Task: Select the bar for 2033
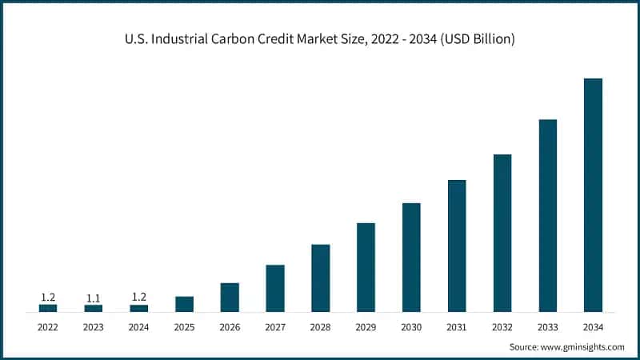[x=547, y=215]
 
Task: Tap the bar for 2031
[x=457, y=246]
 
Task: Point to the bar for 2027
[x=275, y=287]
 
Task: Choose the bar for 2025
[x=184, y=303]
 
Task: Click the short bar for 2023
[x=94, y=308]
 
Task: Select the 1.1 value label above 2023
[x=94, y=298]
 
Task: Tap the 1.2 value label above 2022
[x=48, y=297]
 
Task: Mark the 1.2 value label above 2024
[x=139, y=297]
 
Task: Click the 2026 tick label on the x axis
[x=230, y=326]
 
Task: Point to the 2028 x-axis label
[x=320, y=326]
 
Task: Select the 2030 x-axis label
[x=411, y=326]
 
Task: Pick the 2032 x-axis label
[x=502, y=326]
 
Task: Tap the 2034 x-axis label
[x=593, y=326]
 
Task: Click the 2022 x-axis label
[x=48, y=326]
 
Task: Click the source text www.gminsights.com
[x=583, y=346]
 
